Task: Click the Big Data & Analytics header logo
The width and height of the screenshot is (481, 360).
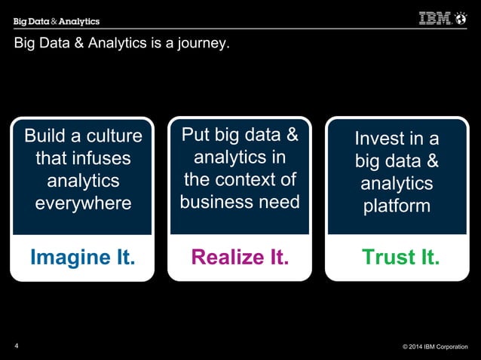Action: pyautogui.click(x=57, y=21)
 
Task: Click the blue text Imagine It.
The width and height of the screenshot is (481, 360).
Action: pyautogui.click(x=83, y=258)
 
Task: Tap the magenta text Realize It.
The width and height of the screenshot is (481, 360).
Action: pyautogui.click(x=240, y=258)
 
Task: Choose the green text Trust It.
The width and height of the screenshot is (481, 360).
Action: pyautogui.click(x=400, y=258)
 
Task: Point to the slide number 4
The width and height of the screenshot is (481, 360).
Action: pyautogui.click(x=17, y=346)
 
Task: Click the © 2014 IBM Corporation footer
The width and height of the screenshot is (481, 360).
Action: pyautogui.click(x=435, y=347)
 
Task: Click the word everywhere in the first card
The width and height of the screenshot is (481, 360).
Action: pyautogui.click(x=83, y=204)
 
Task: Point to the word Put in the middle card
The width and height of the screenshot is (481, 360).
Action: pyautogui.click(x=196, y=136)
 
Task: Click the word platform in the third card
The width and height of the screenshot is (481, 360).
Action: pyautogui.click(x=397, y=206)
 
